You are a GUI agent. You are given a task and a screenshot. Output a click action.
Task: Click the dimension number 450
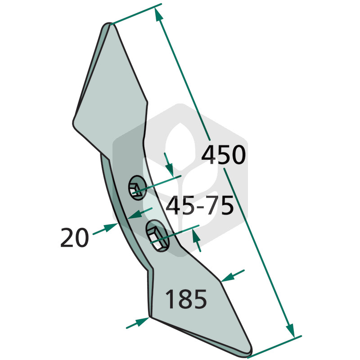[x=223, y=155]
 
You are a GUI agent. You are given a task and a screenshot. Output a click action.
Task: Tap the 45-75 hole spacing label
[x=200, y=206]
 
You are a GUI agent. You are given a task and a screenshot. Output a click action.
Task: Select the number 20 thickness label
[x=74, y=237]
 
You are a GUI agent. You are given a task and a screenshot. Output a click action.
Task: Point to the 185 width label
[x=186, y=299]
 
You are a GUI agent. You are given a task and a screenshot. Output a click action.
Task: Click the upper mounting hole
[x=137, y=188]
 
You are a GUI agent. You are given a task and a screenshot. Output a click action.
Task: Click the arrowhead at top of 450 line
[x=157, y=14]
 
